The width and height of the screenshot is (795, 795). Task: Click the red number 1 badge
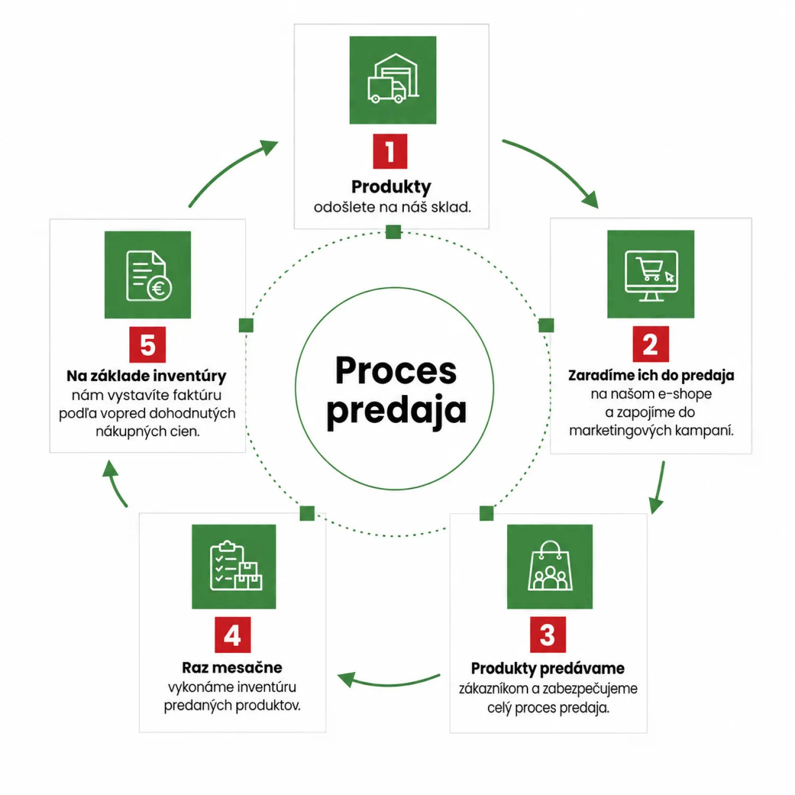pyautogui.click(x=390, y=152)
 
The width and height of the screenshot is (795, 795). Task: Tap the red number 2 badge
pyautogui.click(x=651, y=344)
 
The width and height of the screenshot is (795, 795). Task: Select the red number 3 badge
pyautogui.click(x=548, y=634)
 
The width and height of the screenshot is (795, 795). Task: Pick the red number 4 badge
pyautogui.click(x=233, y=635)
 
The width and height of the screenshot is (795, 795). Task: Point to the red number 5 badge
pyautogui.click(x=147, y=344)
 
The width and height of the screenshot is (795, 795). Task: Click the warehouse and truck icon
pyautogui.click(x=393, y=80)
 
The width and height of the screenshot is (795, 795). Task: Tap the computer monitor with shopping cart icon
pyautogui.click(x=651, y=274)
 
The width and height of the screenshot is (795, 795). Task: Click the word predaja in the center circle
pyautogui.click(x=396, y=410)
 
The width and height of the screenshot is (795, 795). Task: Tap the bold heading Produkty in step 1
pyautogui.click(x=391, y=187)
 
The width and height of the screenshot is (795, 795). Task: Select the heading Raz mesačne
pyautogui.click(x=232, y=667)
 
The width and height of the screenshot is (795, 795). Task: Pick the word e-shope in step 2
pyautogui.click(x=685, y=394)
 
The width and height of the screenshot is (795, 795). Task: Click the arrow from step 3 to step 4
pyautogui.click(x=389, y=683)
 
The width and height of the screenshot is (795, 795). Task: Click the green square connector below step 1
pyautogui.click(x=393, y=232)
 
